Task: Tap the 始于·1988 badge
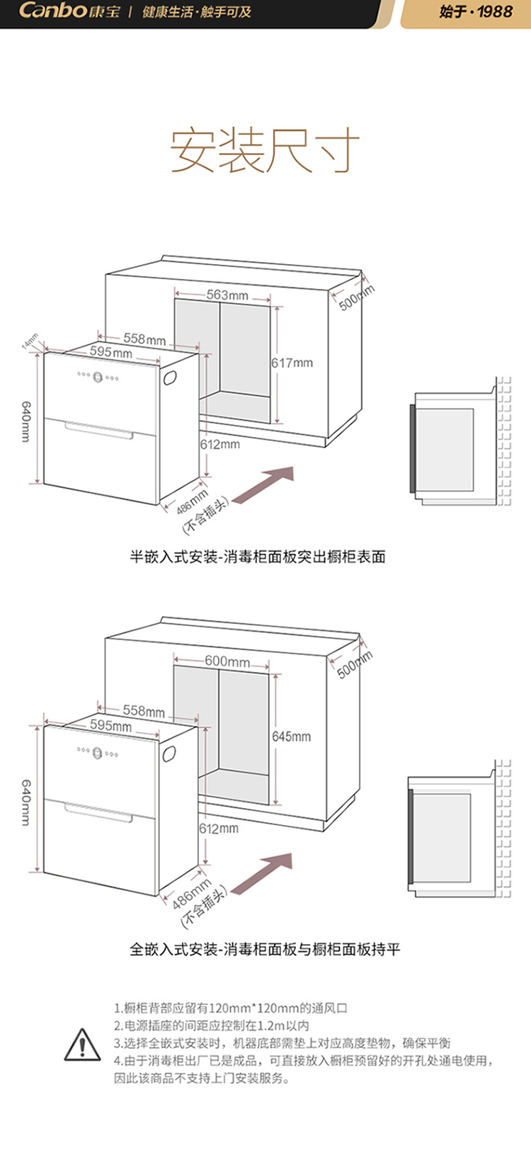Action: tap(475, 12)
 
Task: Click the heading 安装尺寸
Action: tap(265, 150)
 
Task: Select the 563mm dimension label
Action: tap(227, 295)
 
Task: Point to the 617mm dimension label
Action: tap(292, 363)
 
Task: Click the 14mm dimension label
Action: tap(30, 341)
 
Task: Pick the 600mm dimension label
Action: tap(227, 661)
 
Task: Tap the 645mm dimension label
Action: tap(292, 737)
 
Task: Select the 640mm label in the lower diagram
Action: tap(25, 802)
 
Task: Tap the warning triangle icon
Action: tap(83, 1045)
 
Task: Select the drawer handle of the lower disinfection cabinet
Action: tap(99, 812)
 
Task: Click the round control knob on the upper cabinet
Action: tap(98, 377)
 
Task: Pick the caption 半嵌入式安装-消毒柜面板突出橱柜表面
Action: tap(258, 557)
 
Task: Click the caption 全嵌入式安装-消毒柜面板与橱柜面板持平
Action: tap(265, 949)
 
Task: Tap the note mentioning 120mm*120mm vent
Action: tap(231, 1008)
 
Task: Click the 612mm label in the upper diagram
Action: tap(220, 444)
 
